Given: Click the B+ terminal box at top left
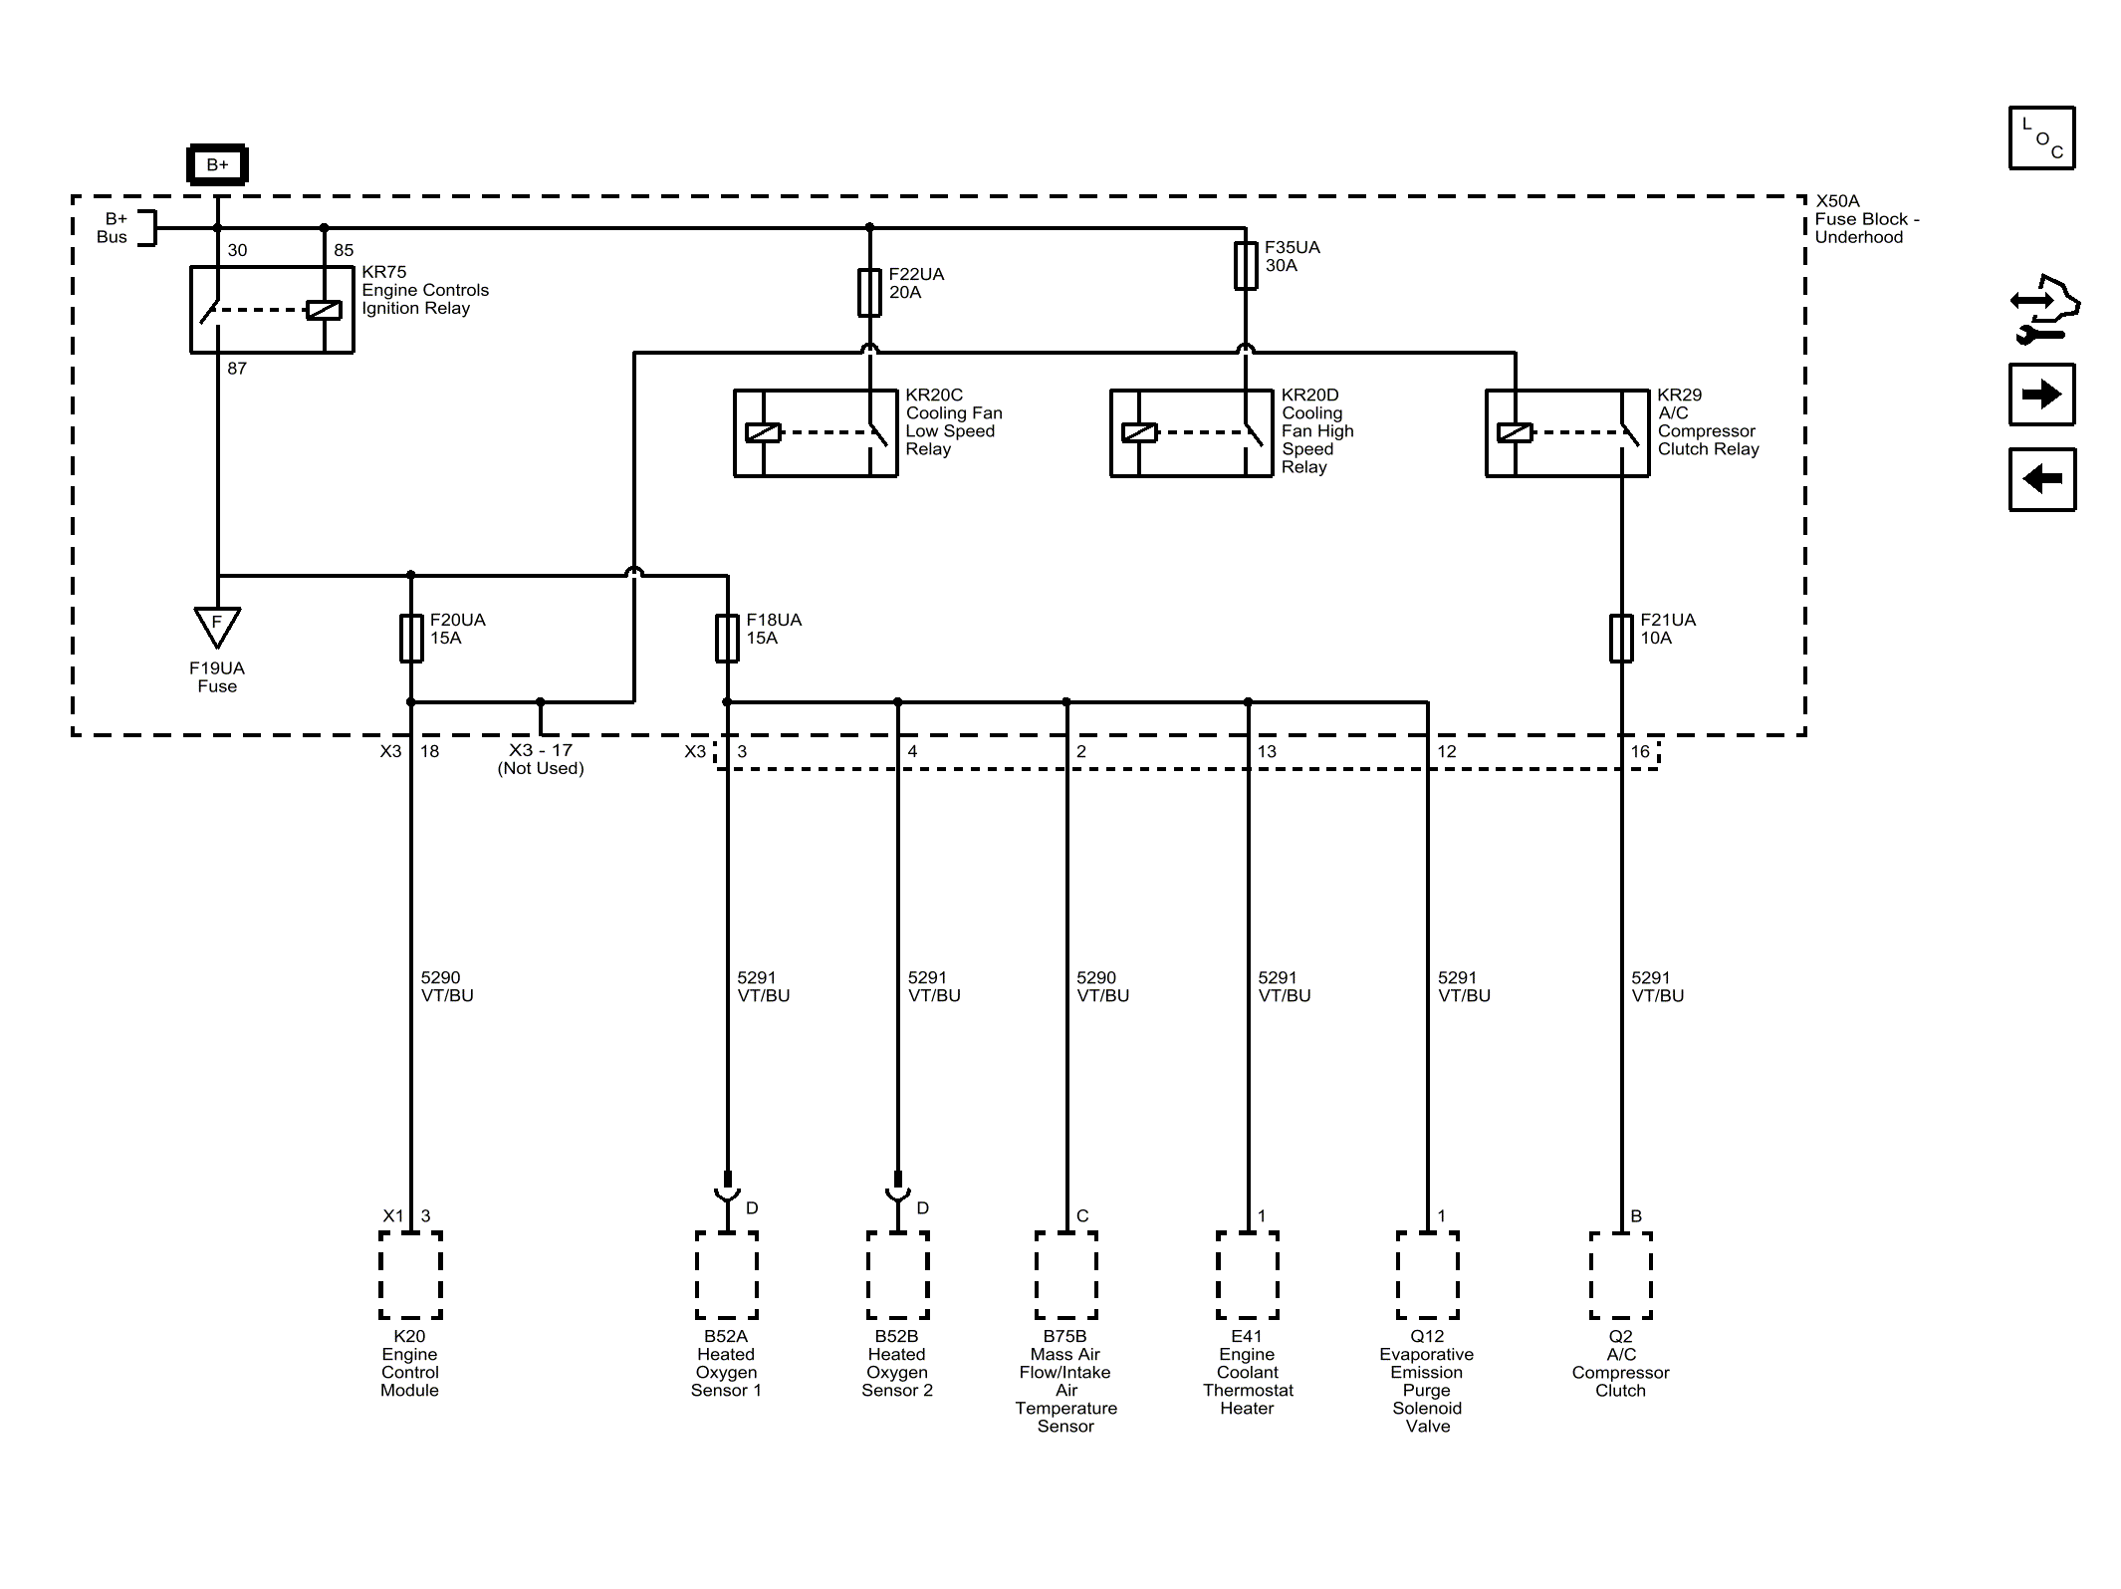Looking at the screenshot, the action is [217, 165].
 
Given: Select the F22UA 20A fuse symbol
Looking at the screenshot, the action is [869, 293].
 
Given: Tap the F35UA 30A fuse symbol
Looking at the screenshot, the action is [1246, 266].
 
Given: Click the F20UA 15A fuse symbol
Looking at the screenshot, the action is [411, 639].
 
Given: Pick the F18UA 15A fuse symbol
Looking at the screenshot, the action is [728, 639].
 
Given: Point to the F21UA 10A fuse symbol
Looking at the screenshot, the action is [1621, 639].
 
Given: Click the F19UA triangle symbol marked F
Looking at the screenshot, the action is [217, 627].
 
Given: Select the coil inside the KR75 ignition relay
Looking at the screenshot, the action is [325, 310].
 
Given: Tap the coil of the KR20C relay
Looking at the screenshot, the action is [764, 433].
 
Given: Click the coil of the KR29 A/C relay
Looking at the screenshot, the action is [1515, 433].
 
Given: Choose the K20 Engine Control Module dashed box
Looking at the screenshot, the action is [410, 1275].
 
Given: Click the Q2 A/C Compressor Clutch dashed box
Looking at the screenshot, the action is [1621, 1275].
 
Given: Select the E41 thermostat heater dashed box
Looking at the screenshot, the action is [1248, 1275].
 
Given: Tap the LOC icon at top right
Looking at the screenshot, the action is [2042, 137].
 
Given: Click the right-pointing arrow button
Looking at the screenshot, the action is [2042, 395].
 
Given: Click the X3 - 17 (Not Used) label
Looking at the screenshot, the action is [541, 759].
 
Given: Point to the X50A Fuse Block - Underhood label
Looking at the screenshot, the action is [1867, 219].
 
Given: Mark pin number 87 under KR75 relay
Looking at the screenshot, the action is [237, 369].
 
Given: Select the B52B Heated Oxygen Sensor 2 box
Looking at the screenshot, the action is [897, 1275].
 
